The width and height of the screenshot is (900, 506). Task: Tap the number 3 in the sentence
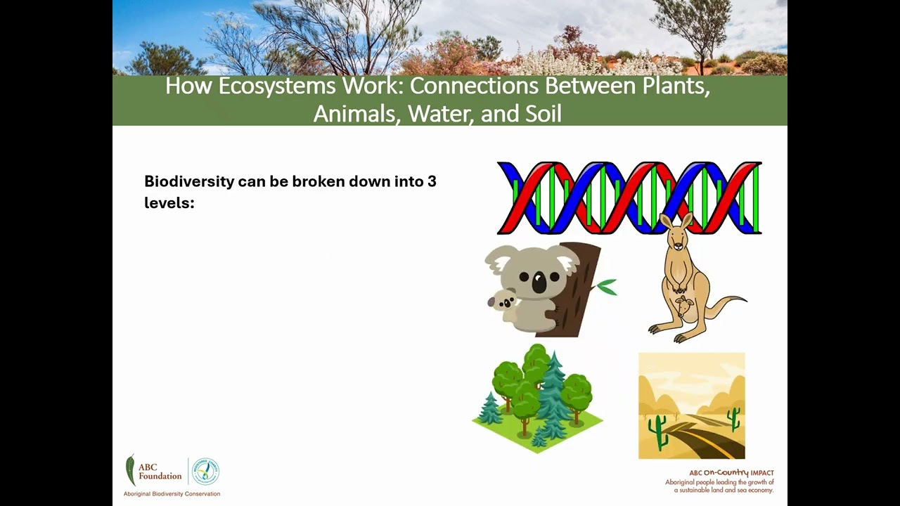coord(432,181)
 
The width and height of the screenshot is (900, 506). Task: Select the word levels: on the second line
coord(169,203)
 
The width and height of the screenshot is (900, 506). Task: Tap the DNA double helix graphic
coord(629,198)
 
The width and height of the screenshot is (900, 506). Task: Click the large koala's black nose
coord(539,283)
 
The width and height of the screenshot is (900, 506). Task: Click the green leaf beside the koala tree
coord(606,287)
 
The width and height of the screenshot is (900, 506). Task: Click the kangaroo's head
coord(677,235)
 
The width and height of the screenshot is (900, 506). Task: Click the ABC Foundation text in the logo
coord(160,471)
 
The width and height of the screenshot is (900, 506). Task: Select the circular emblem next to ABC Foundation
coord(205,472)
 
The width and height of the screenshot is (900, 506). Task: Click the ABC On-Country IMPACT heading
coord(731,473)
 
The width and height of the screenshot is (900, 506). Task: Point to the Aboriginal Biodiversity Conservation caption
coord(172,493)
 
